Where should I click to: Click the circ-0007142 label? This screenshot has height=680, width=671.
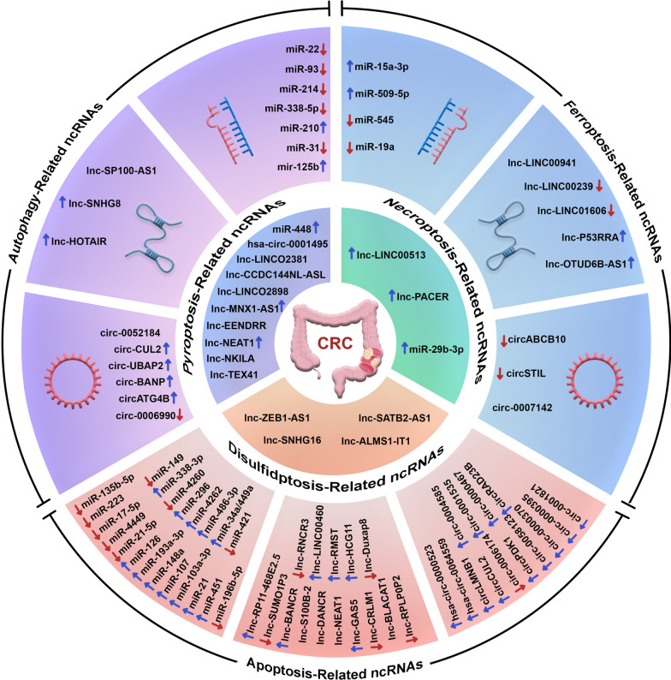coord(481,379)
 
